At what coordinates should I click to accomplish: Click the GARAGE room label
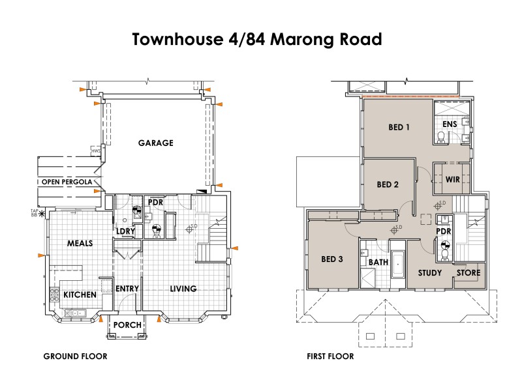tap(155, 143)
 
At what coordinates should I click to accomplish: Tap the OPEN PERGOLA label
tap(68, 181)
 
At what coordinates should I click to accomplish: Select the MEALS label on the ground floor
tap(80, 243)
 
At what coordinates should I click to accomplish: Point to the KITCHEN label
tap(80, 295)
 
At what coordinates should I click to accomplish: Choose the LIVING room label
tap(183, 289)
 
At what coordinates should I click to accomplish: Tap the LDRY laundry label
tap(125, 231)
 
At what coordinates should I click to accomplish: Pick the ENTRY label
tap(127, 289)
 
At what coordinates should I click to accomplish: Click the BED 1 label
tap(399, 127)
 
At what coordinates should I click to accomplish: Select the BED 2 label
tap(388, 184)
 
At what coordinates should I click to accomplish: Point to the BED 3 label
tap(331, 259)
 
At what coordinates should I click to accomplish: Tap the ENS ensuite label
tap(450, 124)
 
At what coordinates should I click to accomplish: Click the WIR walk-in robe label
tap(453, 179)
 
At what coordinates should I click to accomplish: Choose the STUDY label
tap(430, 273)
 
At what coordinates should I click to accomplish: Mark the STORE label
tap(468, 273)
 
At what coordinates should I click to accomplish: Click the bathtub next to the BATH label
tap(398, 264)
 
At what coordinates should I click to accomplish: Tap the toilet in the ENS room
tap(441, 136)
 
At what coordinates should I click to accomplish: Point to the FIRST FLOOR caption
tap(330, 356)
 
